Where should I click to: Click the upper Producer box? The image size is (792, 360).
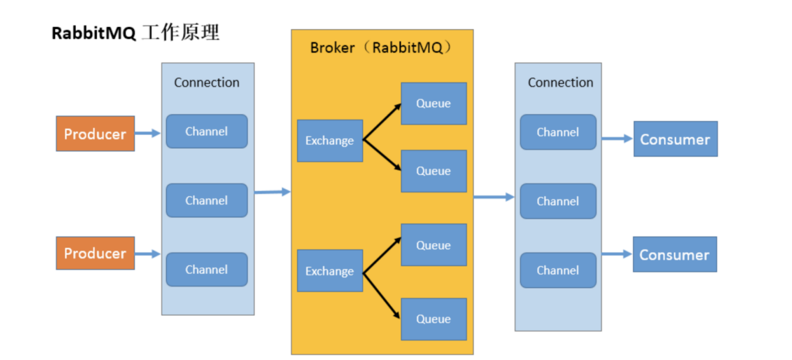point(95,134)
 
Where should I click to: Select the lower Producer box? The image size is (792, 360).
point(95,253)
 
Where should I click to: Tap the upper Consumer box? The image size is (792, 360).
point(675,139)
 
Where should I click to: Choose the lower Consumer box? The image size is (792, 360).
point(675,254)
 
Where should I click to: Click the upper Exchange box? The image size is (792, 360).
point(330,141)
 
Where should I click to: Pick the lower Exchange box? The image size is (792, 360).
point(330,271)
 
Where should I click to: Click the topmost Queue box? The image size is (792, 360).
point(433,103)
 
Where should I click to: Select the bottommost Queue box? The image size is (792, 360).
point(433,319)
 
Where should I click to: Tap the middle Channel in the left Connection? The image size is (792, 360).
point(206,200)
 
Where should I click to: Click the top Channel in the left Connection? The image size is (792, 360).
point(206,131)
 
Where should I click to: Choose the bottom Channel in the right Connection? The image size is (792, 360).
point(558,270)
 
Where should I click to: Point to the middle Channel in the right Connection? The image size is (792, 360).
point(558,201)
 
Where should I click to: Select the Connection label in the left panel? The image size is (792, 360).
point(206,82)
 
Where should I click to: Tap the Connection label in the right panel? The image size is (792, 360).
point(560,82)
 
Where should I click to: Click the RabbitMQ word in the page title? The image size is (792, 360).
point(94,33)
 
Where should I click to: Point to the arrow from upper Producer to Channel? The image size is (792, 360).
point(148,133)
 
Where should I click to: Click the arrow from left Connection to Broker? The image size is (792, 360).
point(272,191)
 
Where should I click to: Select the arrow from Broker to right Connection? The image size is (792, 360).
point(493,197)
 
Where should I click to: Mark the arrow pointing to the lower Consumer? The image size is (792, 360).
point(617,254)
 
